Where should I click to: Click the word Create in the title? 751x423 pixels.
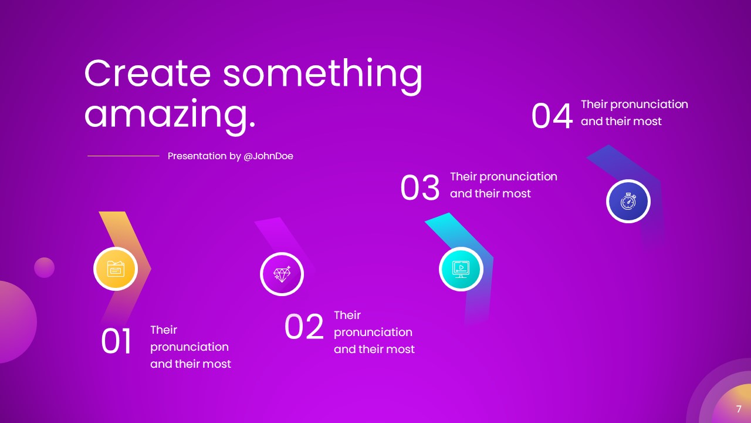(x=147, y=73)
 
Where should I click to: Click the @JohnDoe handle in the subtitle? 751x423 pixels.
(x=268, y=156)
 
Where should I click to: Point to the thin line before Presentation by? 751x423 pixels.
(x=123, y=156)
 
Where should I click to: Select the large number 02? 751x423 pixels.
(x=304, y=327)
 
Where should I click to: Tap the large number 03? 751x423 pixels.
(x=420, y=189)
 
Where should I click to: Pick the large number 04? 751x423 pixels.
(x=552, y=116)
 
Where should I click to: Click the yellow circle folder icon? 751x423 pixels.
(x=116, y=269)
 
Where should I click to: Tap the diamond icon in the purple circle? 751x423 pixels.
(x=282, y=274)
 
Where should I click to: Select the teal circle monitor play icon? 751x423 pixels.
(x=461, y=268)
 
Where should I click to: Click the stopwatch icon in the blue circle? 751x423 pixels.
(x=628, y=201)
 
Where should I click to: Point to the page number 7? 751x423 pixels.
(x=739, y=409)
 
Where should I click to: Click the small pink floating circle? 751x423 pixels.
(x=44, y=267)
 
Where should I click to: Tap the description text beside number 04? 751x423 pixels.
(x=634, y=113)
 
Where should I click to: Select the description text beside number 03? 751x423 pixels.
(x=503, y=185)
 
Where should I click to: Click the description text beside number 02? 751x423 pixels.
(x=374, y=333)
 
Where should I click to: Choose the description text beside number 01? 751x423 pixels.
(x=190, y=347)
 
